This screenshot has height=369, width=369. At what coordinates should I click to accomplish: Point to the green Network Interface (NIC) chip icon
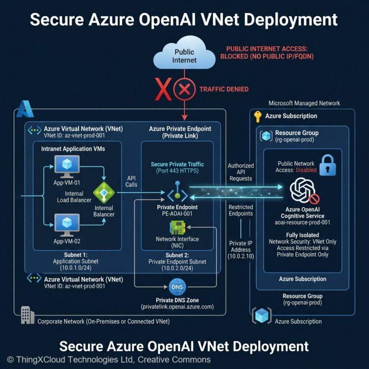pyautogui.click(x=177, y=227)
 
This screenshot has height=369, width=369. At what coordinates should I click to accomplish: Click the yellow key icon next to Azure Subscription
pyautogui.click(x=258, y=116)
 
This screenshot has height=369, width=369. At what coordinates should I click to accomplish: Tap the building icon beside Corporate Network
pyautogui.click(x=27, y=316)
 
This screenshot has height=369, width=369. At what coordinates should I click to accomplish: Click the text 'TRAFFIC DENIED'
pyautogui.click(x=223, y=89)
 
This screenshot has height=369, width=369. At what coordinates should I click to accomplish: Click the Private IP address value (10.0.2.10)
pyautogui.click(x=240, y=257)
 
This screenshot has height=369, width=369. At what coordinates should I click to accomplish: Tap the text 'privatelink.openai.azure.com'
pyautogui.click(x=177, y=307)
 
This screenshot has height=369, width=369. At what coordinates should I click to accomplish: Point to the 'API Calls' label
pyautogui.click(x=132, y=181)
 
